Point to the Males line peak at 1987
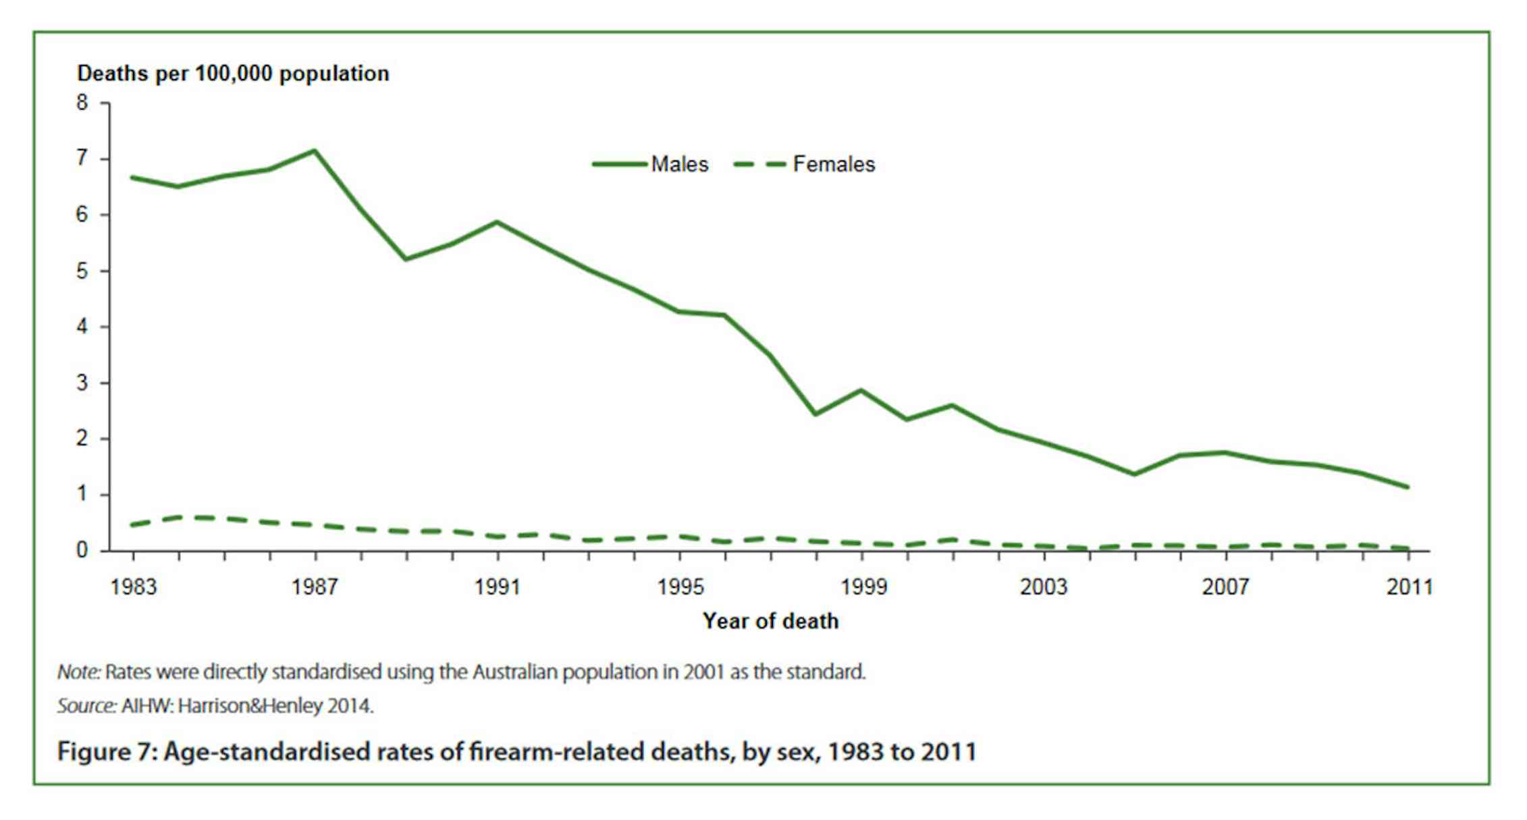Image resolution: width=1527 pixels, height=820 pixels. pyautogui.click(x=315, y=151)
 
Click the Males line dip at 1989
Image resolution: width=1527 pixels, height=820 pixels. pyautogui.click(x=406, y=259)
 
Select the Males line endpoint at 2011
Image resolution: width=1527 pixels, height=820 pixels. pyautogui.click(x=1408, y=487)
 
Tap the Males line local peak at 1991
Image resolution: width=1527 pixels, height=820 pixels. pyautogui.click(x=497, y=222)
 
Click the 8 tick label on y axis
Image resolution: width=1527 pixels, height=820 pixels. pyautogui.click(x=82, y=103)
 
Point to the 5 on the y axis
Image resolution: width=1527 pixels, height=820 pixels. pyautogui.click(x=82, y=271)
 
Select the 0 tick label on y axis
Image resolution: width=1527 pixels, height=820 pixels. pyautogui.click(x=82, y=550)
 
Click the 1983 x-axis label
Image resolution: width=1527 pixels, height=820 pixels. pyautogui.click(x=133, y=587)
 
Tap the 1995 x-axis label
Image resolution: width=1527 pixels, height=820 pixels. pyautogui.click(x=680, y=587)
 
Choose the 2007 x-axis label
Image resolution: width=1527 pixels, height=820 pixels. pyautogui.click(x=1225, y=587)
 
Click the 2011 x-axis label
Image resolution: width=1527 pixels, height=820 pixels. pyautogui.click(x=1409, y=587)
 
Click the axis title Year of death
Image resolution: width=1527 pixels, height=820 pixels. pyautogui.click(x=770, y=621)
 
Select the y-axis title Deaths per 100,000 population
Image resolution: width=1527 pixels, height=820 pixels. pyautogui.click(x=233, y=74)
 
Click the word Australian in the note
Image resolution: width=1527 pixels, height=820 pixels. pyautogui.click(x=515, y=672)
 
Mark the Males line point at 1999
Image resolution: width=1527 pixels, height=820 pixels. pyautogui.click(x=861, y=390)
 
